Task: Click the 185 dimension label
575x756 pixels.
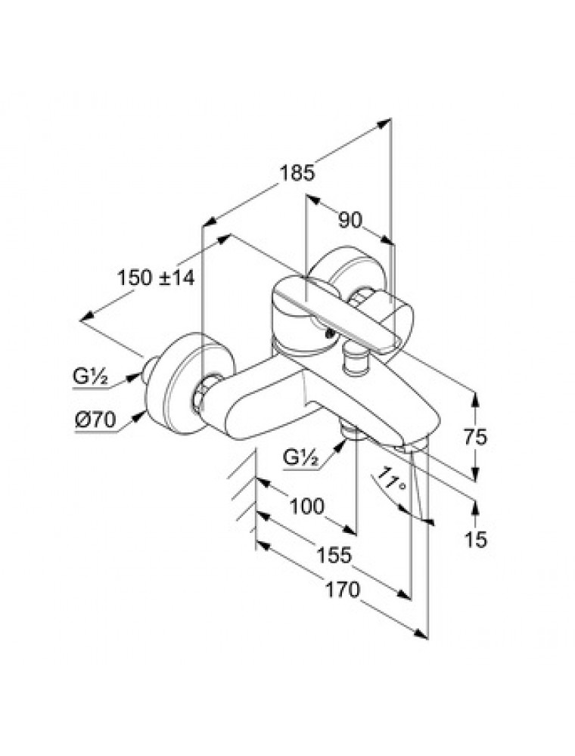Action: coord(296,173)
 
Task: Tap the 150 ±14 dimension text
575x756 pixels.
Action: coord(157,277)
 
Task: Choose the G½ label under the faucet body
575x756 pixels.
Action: coord(300,456)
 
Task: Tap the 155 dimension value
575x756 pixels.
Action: coord(334,555)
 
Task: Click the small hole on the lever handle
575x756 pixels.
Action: coord(328,330)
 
